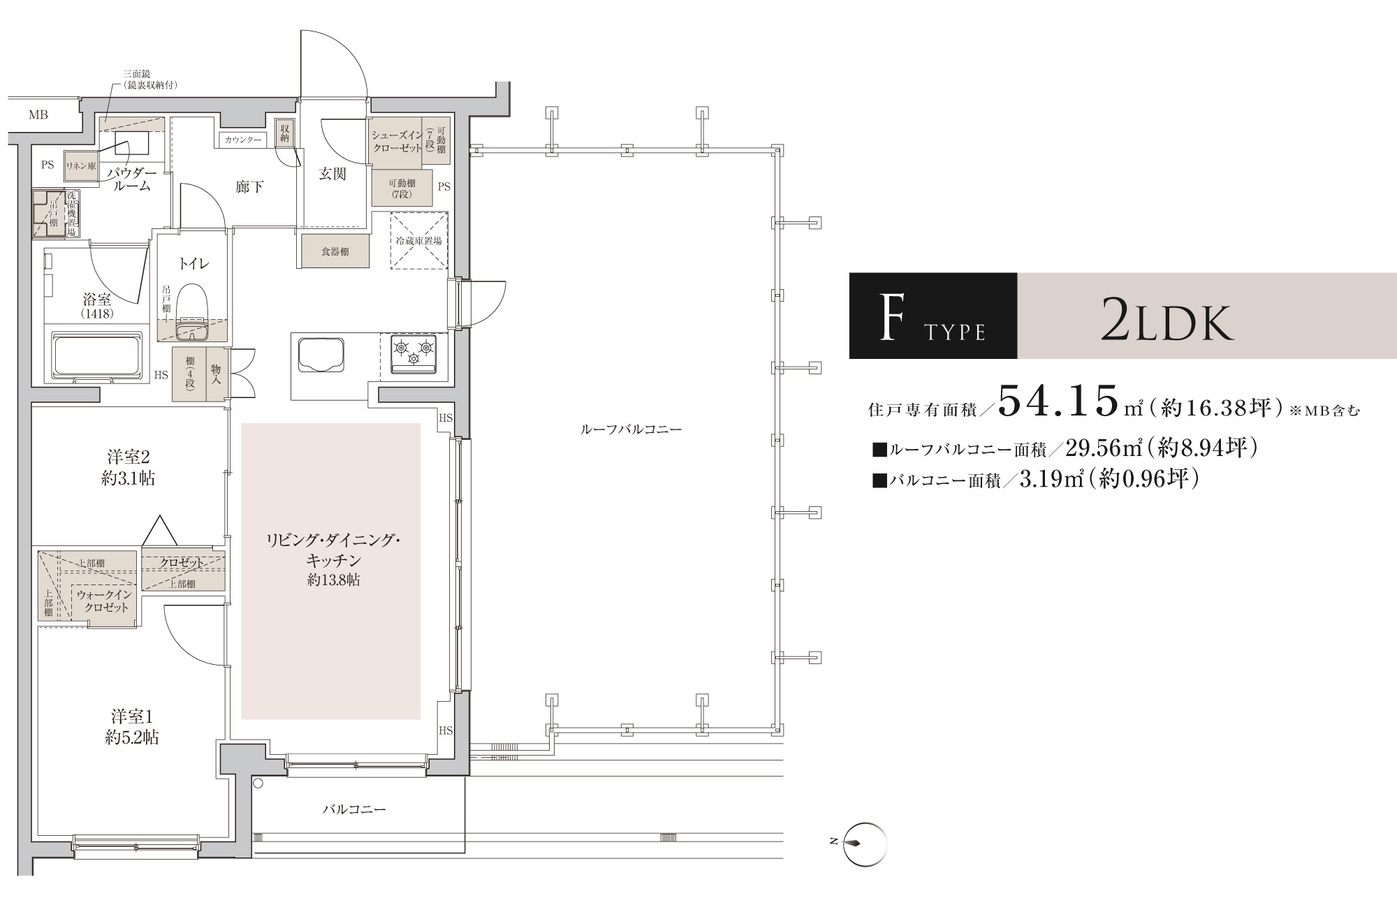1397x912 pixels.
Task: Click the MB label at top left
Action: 38,115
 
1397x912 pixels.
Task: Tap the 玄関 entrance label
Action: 332,174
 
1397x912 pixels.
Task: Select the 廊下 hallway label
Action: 249,187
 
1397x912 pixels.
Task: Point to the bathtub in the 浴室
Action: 98,354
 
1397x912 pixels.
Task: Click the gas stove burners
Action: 414,353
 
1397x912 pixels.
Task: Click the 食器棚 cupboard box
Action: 335,251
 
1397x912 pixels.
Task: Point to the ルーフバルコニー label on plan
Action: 631,429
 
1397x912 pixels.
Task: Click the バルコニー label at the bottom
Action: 354,809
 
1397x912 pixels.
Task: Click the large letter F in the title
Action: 888,317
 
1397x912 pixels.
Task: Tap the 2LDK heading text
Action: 1167,319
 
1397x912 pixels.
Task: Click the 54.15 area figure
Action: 1058,401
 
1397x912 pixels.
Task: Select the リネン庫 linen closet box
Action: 81,166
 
